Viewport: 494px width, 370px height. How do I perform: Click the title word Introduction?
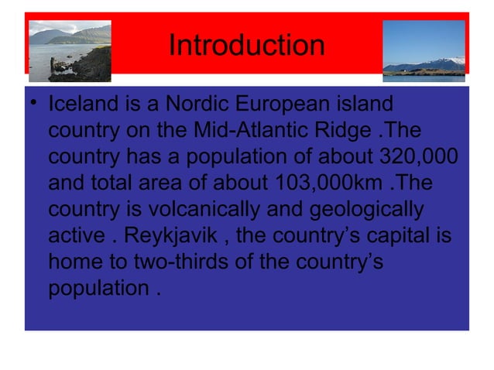(246, 45)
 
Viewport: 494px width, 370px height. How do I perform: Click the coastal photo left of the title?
(70, 51)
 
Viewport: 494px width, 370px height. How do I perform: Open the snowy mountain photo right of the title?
(424, 50)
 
